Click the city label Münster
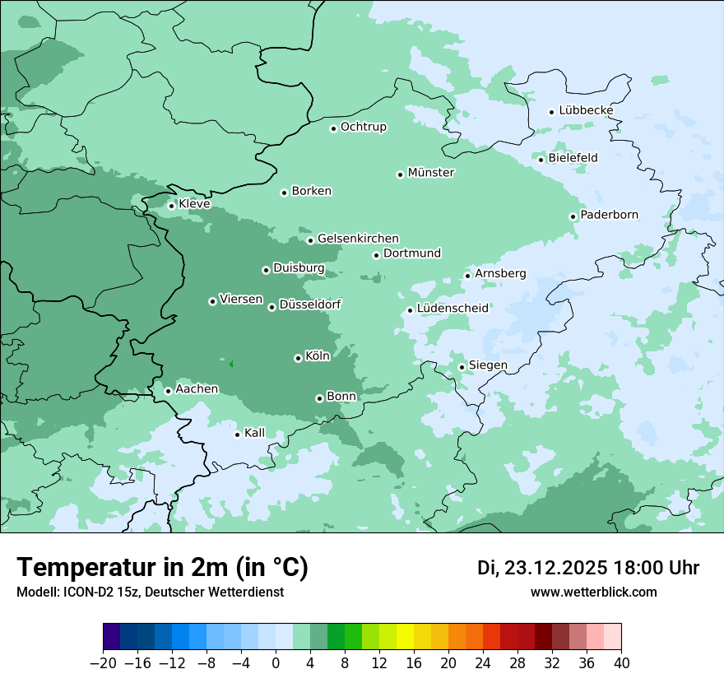coord(431,173)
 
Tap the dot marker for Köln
coord(298,358)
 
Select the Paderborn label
coord(609,215)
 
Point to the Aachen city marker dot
coord(168,391)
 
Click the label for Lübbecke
coord(586,110)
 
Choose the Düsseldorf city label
coord(310,304)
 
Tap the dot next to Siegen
coord(462,367)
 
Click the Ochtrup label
coord(363,127)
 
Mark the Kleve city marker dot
coord(171,206)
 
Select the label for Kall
coord(254,433)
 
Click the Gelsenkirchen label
coord(358,239)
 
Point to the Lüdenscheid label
coord(452,309)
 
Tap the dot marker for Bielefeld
coord(541,160)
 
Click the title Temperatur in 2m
coord(162,568)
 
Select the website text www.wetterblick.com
coord(593,592)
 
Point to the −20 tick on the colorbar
coord(104,663)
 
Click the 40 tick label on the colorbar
coord(621,663)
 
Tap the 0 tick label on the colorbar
coord(276,663)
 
